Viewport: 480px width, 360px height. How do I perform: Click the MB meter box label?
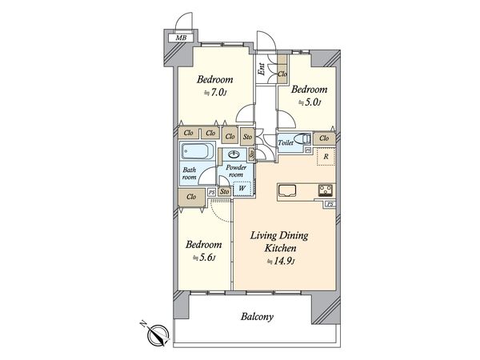coord(181,38)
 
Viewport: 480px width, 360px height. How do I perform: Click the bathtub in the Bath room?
coord(198,151)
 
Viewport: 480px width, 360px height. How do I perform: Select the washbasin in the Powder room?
coord(235,154)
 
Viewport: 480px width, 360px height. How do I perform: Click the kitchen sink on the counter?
coord(287,191)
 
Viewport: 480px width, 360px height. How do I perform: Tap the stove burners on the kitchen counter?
coord(325,190)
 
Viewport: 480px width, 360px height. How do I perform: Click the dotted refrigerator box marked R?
coord(326,157)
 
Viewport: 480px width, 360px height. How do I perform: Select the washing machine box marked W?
coord(242,189)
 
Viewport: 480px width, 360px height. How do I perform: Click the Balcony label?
coord(257,317)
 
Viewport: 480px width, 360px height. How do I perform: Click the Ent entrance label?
coord(262,69)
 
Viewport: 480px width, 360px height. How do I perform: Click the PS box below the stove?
coord(330,204)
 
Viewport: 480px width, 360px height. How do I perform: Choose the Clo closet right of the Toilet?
coord(324,138)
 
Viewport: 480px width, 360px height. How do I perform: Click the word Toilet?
coord(286,142)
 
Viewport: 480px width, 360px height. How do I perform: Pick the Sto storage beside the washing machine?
coord(224,191)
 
